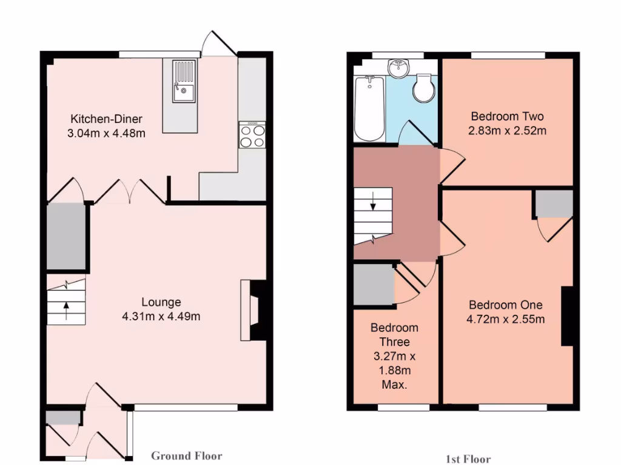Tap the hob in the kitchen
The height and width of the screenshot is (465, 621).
pyautogui.click(x=252, y=134)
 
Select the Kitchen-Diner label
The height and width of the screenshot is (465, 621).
pyautogui.click(x=106, y=119)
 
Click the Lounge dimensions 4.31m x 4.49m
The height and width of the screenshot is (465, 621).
pyautogui.click(x=161, y=315)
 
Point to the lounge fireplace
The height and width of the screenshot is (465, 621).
pyautogui.click(x=253, y=309)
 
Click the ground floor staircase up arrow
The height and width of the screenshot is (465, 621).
pyautogui.click(x=65, y=309)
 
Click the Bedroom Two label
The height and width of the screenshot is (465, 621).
pyautogui.click(x=507, y=116)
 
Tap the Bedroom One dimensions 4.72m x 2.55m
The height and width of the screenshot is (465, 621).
pyautogui.click(x=505, y=319)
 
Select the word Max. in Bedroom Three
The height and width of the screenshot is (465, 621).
pyautogui.click(x=394, y=385)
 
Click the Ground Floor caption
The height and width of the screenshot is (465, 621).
pyautogui.click(x=186, y=456)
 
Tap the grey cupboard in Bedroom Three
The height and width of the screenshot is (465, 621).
pyautogui.click(x=373, y=285)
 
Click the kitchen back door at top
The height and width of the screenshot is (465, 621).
pyautogui.click(x=217, y=44)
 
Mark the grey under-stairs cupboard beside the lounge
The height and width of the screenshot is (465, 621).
pyautogui.click(x=66, y=236)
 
